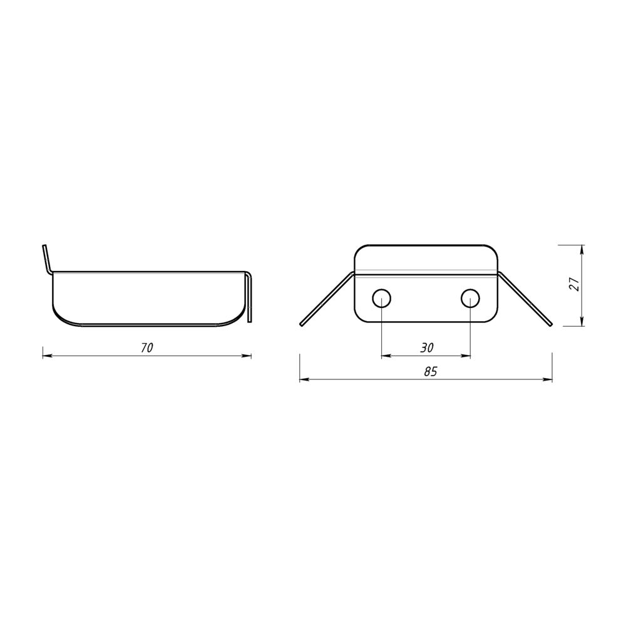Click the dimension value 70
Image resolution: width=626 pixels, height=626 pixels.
tap(147, 347)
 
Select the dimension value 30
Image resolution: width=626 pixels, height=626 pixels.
tap(427, 347)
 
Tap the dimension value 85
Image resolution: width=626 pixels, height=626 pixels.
tap(431, 372)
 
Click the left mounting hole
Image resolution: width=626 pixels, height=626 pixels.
tap(382, 298)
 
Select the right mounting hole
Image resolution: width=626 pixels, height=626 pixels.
tap(471, 298)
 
